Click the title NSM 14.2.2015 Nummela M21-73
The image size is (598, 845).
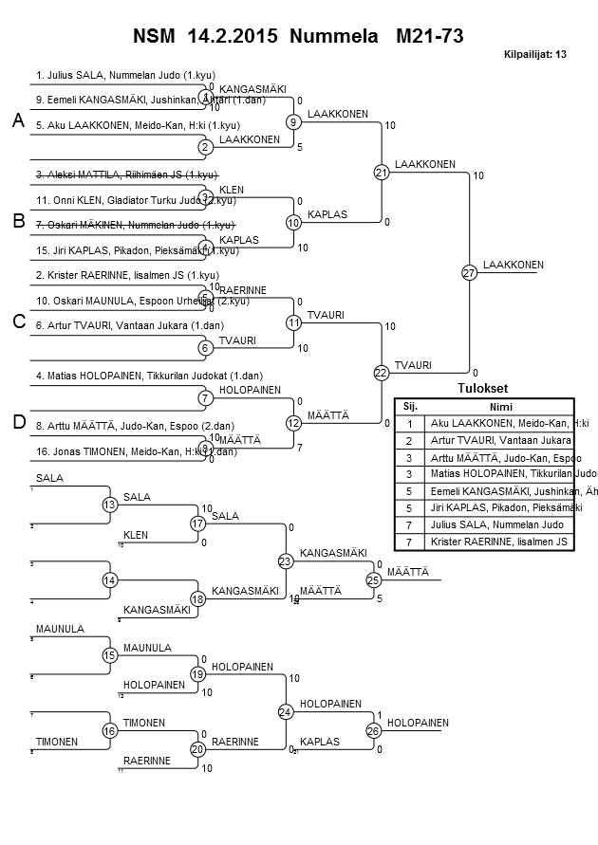(x=298, y=36)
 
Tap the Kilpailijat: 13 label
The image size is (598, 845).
(x=535, y=55)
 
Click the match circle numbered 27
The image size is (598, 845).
(x=469, y=273)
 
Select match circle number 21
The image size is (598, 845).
(x=382, y=173)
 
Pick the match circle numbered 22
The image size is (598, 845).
(x=382, y=373)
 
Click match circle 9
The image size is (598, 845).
(x=294, y=121)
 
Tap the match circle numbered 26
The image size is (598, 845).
(x=373, y=730)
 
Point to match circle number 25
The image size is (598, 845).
(x=373, y=579)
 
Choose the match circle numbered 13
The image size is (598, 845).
(x=110, y=505)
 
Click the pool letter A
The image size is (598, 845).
(x=18, y=121)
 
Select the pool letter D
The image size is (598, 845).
(x=18, y=422)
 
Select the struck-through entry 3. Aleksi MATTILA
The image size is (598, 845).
(x=127, y=175)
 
